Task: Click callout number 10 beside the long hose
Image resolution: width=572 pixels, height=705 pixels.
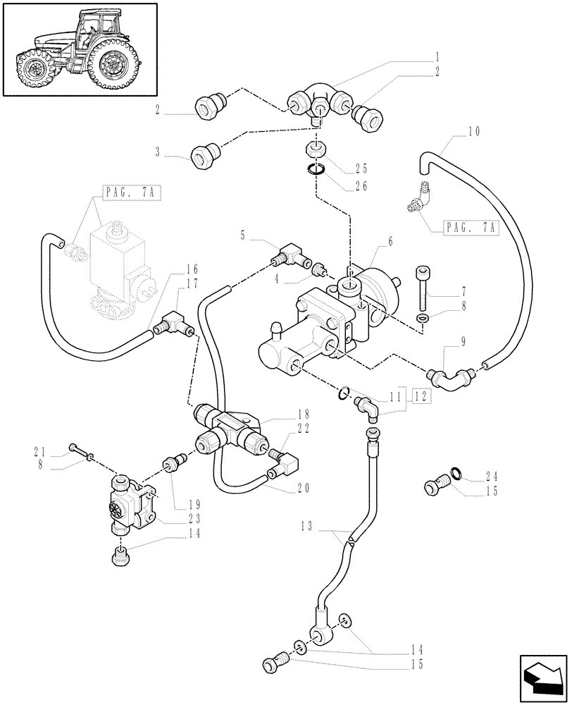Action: click(x=473, y=131)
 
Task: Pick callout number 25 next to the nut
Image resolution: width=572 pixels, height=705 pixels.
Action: click(x=361, y=169)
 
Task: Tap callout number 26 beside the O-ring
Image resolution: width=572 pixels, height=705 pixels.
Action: click(x=361, y=187)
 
